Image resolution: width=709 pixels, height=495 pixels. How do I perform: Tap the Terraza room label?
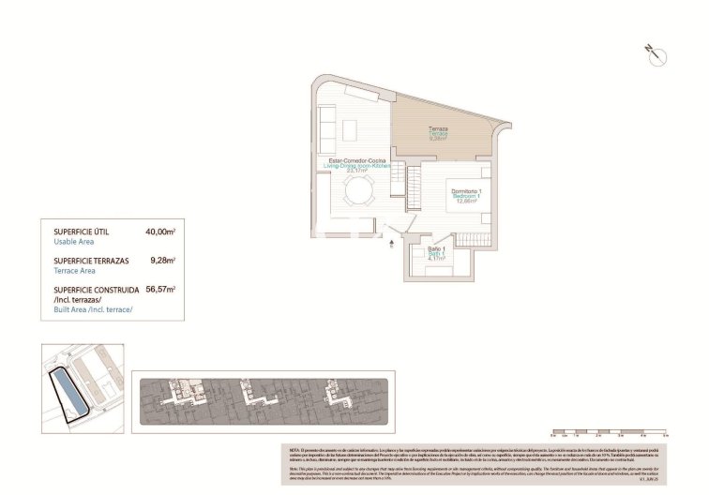[x=438, y=128]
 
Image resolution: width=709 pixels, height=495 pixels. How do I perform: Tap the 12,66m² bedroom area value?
[x=466, y=202]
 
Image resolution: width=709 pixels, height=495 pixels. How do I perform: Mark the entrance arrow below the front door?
[x=391, y=247]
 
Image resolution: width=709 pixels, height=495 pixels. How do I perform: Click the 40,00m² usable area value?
[x=161, y=231]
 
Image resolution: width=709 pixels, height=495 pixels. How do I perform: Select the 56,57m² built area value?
[x=161, y=291]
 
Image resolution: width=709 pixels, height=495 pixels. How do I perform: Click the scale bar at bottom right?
[x=609, y=434]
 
